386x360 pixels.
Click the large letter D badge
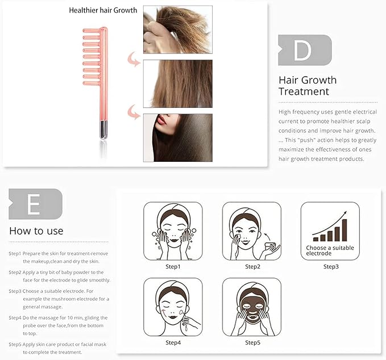tap(305, 50)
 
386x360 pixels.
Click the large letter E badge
tap(35, 204)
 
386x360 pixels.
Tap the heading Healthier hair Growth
tap(103, 10)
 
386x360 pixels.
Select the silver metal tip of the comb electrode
tap(103, 130)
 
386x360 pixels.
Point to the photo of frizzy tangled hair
tap(178, 30)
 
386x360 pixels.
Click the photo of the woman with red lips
tap(178, 138)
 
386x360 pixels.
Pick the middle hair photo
tap(178, 83)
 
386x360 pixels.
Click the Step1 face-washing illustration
tap(173, 231)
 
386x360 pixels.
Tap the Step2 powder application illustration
tap(252, 231)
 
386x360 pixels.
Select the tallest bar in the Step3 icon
tap(345, 230)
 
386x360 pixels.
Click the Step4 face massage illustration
tap(173, 307)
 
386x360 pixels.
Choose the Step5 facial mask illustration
tap(252, 307)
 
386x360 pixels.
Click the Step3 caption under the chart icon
tap(331, 266)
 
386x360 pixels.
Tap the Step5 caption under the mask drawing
tap(252, 342)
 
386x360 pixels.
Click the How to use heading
tap(36, 231)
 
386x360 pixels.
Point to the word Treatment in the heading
tap(304, 91)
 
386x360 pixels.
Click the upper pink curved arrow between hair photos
tap(134, 60)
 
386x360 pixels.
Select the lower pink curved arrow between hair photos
tap(134, 112)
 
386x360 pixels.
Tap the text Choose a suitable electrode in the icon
tap(330, 250)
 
